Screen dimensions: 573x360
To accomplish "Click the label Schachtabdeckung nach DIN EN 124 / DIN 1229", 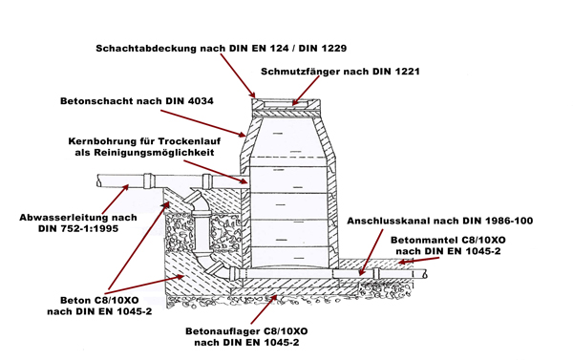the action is click(222, 49).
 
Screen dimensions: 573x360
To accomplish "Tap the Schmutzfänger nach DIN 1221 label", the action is click(340, 72).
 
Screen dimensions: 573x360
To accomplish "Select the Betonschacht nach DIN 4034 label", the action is click(137, 101).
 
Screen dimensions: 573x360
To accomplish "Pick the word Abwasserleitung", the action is click(61, 218).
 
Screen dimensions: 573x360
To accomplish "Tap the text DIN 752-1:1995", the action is click(78, 229).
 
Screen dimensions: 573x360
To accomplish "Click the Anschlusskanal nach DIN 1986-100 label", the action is click(439, 221).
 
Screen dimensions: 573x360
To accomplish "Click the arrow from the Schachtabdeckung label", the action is click(238, 75).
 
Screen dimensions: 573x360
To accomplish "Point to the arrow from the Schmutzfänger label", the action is click(307, 91).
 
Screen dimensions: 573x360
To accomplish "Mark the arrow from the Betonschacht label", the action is click(203, 123).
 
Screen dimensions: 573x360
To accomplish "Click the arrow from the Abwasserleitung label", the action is click(116, 200).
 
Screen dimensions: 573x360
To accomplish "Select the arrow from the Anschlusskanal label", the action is click(371, 252).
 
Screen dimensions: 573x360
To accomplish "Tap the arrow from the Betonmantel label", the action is click(418, 260).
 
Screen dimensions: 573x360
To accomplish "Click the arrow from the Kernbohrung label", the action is click(216, 172).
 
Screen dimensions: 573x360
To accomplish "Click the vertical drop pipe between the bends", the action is click(202, 233).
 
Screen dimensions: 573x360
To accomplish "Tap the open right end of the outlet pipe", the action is click(425, 274).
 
